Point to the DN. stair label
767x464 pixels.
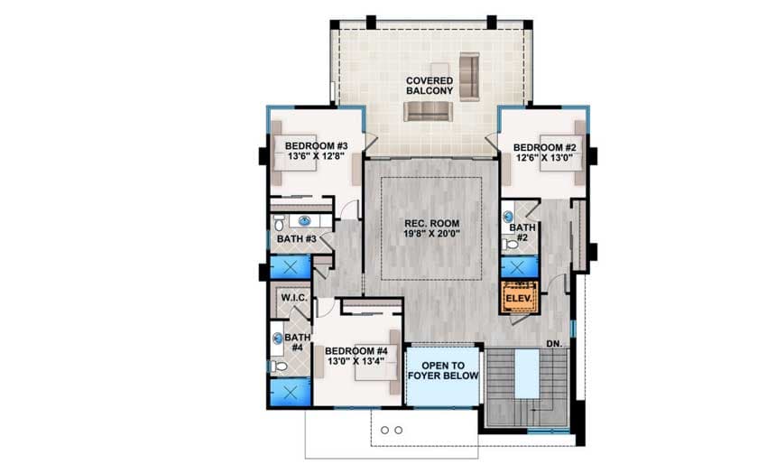[556, 344]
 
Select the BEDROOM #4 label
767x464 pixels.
[356, 350]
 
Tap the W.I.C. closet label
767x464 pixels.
[293, 298]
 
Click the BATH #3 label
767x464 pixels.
[295, 239]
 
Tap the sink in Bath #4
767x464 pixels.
[278, 340]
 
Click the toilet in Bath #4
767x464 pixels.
[280, 366]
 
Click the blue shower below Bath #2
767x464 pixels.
[518, 267]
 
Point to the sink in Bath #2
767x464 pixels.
[507, 218]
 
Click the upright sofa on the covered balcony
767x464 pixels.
[468, 76]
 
